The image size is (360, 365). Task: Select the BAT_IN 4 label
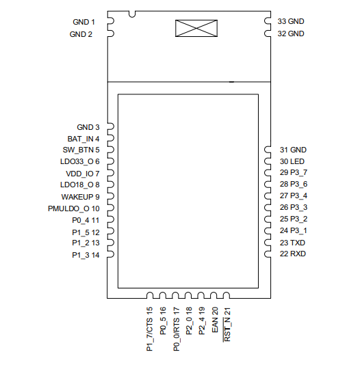tap(83, 138)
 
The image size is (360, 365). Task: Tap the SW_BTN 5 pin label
tap(81, 150)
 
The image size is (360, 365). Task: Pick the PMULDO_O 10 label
tap(74, 208)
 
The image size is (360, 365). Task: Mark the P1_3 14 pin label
tap(86, 255)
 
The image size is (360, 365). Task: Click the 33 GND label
tap(291, 22)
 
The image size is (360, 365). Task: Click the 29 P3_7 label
tap(294, 173)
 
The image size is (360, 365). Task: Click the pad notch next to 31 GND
tap(268, 150)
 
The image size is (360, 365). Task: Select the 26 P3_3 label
tap(294, 208)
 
